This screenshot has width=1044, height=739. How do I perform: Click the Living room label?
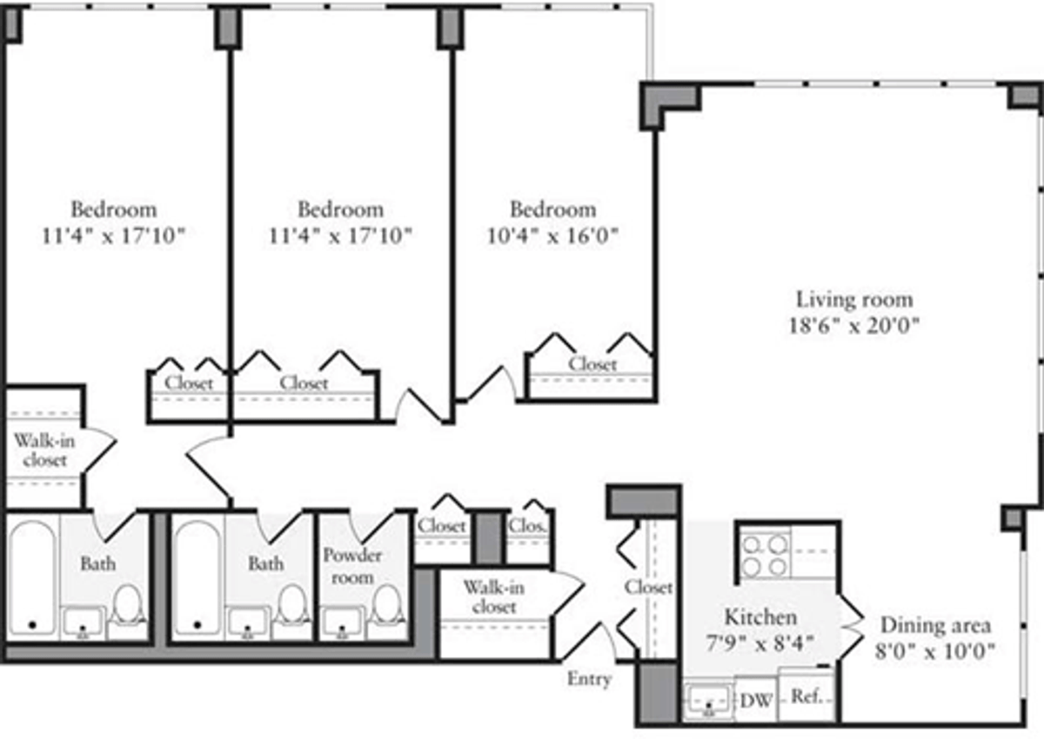pos(854,299)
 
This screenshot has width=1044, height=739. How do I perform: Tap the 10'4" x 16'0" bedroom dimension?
pos(552,236)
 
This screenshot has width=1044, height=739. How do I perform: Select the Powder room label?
pos(353,566)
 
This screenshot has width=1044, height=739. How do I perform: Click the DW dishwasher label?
pos(756,701)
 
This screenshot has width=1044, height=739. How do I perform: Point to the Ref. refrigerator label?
pos(806,696)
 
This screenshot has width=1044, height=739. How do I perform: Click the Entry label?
pos(589,679)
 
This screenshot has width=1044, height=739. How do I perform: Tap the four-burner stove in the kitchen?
pos(765,556)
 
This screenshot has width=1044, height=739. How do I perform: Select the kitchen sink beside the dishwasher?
pos(708,702)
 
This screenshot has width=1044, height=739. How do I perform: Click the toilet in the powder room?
pos(388,604)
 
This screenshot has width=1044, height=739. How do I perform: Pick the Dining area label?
pos(935,625)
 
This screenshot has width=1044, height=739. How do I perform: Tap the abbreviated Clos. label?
pos(526,526)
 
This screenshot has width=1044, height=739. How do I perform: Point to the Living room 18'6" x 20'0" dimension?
pos(854,325)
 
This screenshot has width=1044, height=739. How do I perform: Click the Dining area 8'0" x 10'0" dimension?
pos(935,651)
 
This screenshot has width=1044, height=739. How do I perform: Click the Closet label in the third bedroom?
pos(592,364)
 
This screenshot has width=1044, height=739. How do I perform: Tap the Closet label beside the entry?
pos(648,587)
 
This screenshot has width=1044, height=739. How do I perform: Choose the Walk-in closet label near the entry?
pos(494,597)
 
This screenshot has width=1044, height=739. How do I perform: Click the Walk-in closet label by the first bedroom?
pos(44,450)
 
